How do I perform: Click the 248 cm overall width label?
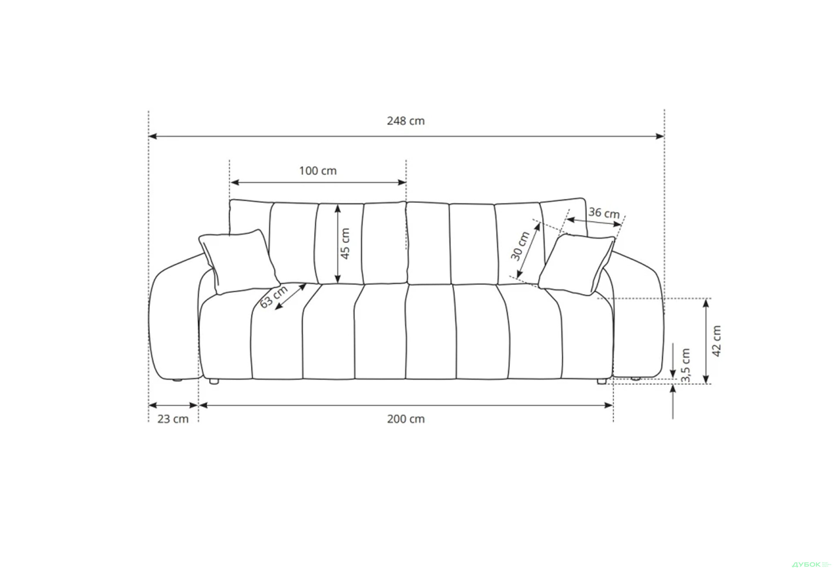click(x=405, y=121)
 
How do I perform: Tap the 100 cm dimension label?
click(x=318, y=171)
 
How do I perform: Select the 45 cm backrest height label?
click(x=345, y=243)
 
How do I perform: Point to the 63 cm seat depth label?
click(x=274, y=296)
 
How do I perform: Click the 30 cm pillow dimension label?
click(x=520, y=246)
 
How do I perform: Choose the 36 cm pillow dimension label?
click(x=604, y=213)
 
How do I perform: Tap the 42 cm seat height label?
click(x=717, y=341)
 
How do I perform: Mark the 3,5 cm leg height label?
click(x=686, y=365)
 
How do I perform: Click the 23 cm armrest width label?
click(x=173, y=419)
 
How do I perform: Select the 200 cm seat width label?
click(x=405, y=419)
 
